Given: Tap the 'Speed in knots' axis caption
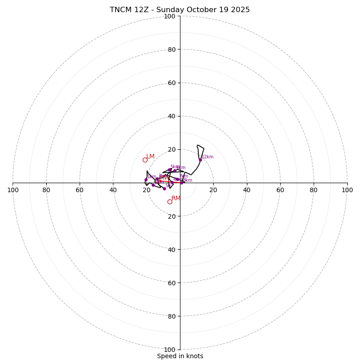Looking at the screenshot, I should (180, 356).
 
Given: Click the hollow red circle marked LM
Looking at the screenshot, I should (145, 160).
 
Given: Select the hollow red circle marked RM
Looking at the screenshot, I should (170, 202).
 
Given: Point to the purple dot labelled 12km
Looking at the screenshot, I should (200, 160).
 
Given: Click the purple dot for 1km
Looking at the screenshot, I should (146, 180).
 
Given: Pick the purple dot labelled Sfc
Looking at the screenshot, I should (164, 189).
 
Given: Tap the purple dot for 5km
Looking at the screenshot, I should (169, 170).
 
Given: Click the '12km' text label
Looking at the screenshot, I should (207, 157).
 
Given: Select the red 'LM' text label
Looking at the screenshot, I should (150, 157).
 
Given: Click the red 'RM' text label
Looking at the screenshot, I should (176, 198).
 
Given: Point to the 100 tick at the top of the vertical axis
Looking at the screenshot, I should (170, 17).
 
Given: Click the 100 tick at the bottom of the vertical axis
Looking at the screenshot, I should (170, 350).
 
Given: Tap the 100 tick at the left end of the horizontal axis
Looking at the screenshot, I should (13, 190).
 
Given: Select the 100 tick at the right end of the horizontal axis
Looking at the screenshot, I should (347, 190).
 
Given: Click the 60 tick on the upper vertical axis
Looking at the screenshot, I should (171, 83).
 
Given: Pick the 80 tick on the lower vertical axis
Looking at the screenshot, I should (171, 316).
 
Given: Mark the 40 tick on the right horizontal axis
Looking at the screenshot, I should (247, 190).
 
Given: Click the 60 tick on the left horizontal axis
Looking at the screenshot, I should (80, 190).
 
